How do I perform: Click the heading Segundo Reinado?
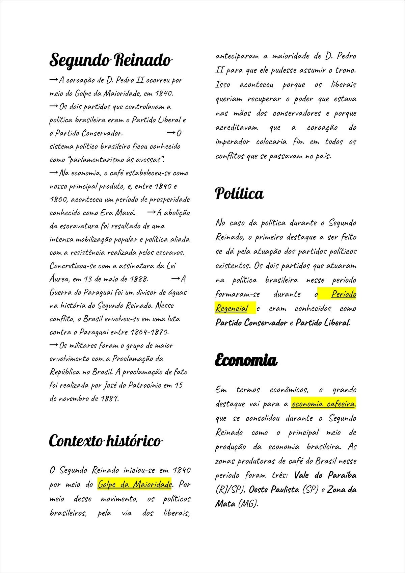click(110, 60)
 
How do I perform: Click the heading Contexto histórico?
click(105, 441)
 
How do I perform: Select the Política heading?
click(239, 193)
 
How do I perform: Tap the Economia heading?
click(246, 360)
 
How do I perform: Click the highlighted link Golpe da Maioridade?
click(135, 484)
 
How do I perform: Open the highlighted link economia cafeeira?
click(323, 404)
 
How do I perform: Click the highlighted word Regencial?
click(232, 308)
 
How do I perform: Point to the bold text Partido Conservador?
click(251, 323)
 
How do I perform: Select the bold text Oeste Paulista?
click(274, 489)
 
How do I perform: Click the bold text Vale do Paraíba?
click(325, 475)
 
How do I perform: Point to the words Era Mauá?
click(117, 213)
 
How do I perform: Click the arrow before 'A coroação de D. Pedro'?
click(53, 80)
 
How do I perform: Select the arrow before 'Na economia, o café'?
click(53, 173)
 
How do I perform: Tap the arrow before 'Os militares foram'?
click(53, 345)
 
